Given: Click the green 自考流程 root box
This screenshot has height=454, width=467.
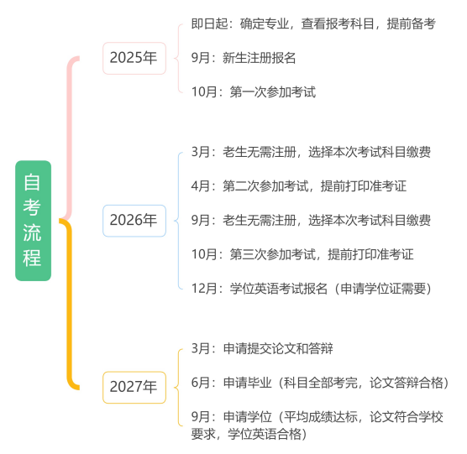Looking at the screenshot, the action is point(33,221).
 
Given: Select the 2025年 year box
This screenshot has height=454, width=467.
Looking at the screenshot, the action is point(134,58).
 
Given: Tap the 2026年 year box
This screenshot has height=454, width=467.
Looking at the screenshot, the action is point(134,221).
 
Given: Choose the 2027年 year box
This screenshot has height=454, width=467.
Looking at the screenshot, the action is point(134,387).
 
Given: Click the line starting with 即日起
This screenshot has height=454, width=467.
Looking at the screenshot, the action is point(313,23).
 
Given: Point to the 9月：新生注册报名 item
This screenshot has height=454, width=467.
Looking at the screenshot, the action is point(244,58).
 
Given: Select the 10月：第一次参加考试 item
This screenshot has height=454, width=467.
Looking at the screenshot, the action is point(254,92).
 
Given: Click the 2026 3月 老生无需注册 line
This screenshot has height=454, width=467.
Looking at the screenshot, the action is point(311,152).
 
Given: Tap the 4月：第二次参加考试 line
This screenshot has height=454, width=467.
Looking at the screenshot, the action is point(299,186).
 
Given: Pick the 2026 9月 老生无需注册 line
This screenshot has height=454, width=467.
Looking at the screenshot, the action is point(311,221).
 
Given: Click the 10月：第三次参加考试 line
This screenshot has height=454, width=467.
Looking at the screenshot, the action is point(302,254).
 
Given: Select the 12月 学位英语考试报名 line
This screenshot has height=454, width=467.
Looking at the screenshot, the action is point(312,289).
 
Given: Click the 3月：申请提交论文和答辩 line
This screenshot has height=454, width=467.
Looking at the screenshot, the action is point(262,348).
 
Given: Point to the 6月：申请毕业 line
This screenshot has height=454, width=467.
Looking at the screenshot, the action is point(320,383).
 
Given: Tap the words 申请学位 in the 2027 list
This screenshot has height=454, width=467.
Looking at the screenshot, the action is point(248,417).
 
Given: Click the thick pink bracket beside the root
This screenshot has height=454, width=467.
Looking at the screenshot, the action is point(70,137).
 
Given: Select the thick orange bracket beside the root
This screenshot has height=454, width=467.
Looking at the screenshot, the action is point(70,304).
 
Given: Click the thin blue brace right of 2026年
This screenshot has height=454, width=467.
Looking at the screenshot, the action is point(178,221).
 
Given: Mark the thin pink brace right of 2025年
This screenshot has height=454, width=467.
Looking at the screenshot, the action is point(178,58).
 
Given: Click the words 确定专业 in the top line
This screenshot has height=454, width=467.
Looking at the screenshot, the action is point(265,23).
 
